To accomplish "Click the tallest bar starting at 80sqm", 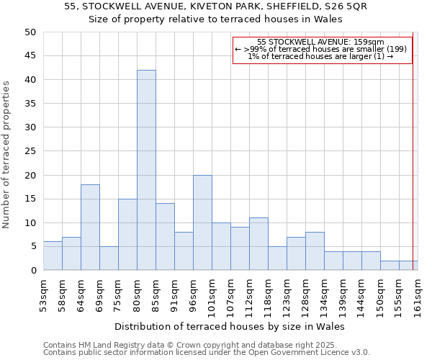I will click(x=146, y=170).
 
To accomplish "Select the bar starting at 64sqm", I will click(x=90, y=227).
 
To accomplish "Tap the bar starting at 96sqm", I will click(x=202, y=222).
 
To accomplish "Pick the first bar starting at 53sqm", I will click(x=53, y=256).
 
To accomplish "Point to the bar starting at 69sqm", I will click(x=109, y=258).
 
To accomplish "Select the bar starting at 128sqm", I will click(x=315, y=251).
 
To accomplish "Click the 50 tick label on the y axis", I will click(x=30, y=32).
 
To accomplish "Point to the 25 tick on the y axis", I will click(x=30, y=151).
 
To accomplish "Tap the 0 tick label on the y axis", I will click(x=33, y=271).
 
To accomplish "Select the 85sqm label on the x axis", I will click(x=156, y=294).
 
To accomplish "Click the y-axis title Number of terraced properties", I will click(x=7, y=154).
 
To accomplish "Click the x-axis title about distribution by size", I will click(x=230, y=326).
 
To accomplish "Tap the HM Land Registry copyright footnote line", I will click(x=194, y=345).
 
